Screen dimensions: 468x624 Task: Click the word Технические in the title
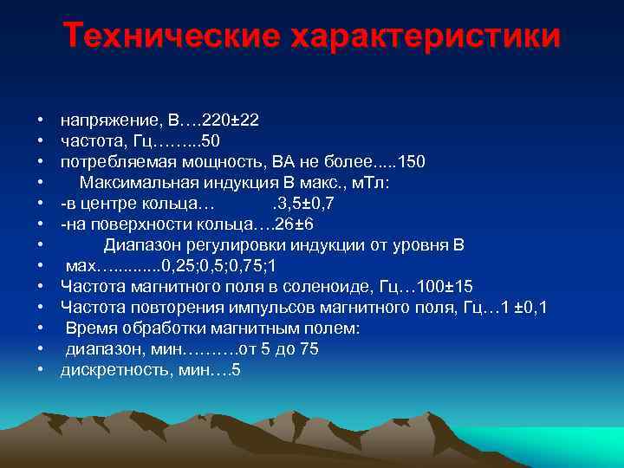171,36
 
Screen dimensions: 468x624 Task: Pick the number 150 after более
409,163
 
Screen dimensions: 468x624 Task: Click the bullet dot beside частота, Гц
41,140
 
